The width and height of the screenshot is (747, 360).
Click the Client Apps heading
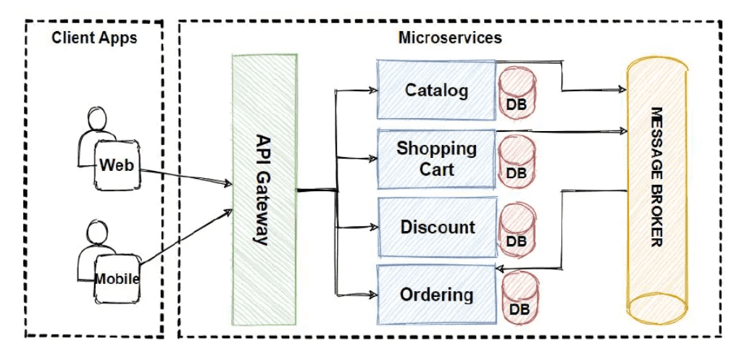click(94, 38)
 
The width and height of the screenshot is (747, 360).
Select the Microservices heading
click(449, 38)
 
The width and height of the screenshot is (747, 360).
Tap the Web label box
click(116, 165)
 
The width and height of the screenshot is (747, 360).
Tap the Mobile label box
click(117, 278)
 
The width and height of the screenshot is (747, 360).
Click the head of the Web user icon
click(96, 118)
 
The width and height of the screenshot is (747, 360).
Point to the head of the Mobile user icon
click(96, 231)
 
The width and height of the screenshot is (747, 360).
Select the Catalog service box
click(435, 91)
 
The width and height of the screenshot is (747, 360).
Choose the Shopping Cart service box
click(435, 159)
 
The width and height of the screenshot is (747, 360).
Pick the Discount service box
click(437, 227)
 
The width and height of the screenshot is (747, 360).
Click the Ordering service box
click(436, 295)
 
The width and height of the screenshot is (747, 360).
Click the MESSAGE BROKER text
click(656, 177)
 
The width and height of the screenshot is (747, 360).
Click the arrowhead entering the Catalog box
click(372, 91)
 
